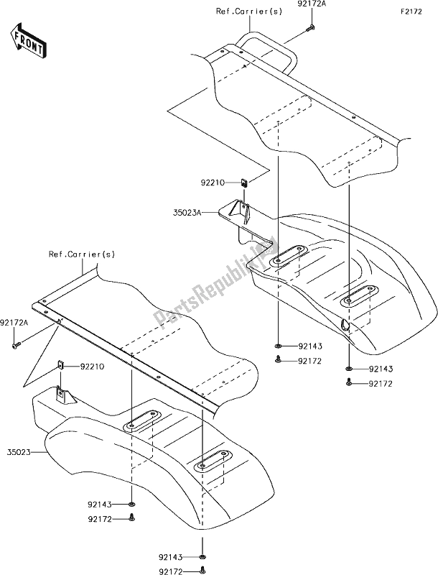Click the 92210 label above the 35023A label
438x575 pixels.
click(x=215, y=183)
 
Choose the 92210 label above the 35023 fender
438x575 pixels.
click(x=91, y=367)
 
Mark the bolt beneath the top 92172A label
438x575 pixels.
click(x=309, y=28)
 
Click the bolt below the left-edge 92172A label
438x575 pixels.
click(x=16, y=346)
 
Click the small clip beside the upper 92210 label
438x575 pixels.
click(x=246, y=183)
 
